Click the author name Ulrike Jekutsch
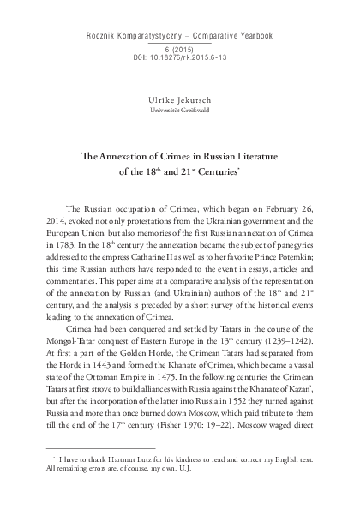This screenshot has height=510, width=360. click(x=180, y=100)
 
